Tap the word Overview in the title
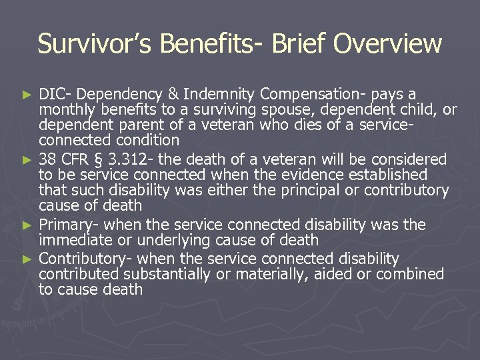(387, 44)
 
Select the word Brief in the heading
(296, 44)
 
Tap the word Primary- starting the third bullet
(68, 225)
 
